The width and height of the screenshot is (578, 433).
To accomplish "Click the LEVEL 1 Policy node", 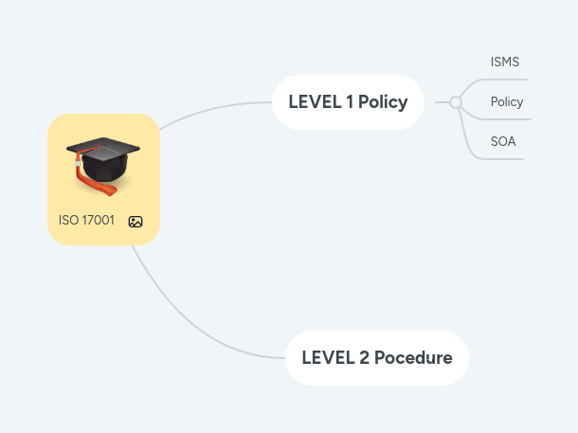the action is coord(348,102).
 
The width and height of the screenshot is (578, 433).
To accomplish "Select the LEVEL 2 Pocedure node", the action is coord(376,358).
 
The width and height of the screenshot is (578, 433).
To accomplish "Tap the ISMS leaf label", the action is coord(504,63).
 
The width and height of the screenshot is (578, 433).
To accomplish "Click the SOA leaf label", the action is coord(503,142).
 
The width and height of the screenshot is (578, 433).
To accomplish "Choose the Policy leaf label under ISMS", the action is coord(507,102).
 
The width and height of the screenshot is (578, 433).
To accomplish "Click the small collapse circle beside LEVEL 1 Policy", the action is coord(456,102).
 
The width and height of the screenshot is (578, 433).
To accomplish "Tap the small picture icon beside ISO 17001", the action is coord(135,222).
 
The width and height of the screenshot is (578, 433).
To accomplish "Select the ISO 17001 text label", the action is coord(86,221).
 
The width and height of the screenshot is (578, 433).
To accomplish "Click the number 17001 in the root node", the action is coord(99,221).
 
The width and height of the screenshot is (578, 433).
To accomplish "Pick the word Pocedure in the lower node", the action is coord(413,358).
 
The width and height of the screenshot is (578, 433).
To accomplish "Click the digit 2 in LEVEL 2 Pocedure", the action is coord(364,358).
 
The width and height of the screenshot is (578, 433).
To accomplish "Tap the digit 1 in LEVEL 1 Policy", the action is coord(351,102).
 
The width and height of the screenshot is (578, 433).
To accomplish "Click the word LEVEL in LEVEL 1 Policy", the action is coord(316,102).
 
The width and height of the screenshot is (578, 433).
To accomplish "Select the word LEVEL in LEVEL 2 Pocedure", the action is coord(328,358).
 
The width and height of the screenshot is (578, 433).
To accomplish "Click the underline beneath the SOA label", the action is coord(502,158).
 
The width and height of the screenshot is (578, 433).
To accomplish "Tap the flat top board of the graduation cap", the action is coord(103,149).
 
